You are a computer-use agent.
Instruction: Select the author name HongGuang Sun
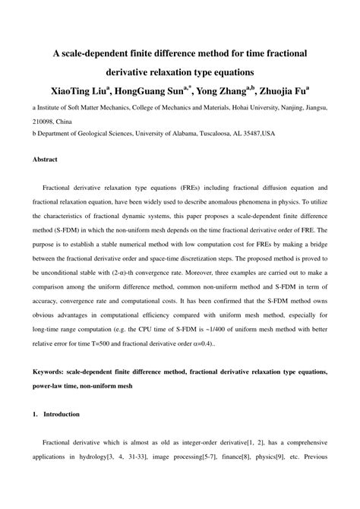coord(153,91)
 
